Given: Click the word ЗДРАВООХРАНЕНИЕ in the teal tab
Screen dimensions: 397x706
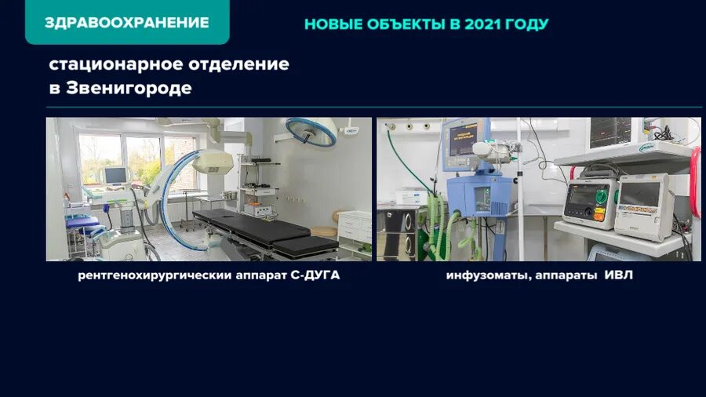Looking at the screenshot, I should click(126, 22).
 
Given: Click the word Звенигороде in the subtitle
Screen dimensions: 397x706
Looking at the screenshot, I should click(129, 89).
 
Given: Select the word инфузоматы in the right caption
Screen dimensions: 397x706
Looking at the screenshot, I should click(482, 276).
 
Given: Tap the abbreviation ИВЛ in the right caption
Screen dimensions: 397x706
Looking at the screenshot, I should click(618, 276).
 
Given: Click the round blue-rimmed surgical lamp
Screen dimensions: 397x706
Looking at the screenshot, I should click(311, 130).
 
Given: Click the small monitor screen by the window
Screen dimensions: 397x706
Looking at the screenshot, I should click(115, 174).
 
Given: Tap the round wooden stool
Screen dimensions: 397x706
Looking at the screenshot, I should click(323, 232).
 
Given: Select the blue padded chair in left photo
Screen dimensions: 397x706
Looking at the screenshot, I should click(82, 227).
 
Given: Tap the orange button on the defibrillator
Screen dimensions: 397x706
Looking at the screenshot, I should click(600, 217).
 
